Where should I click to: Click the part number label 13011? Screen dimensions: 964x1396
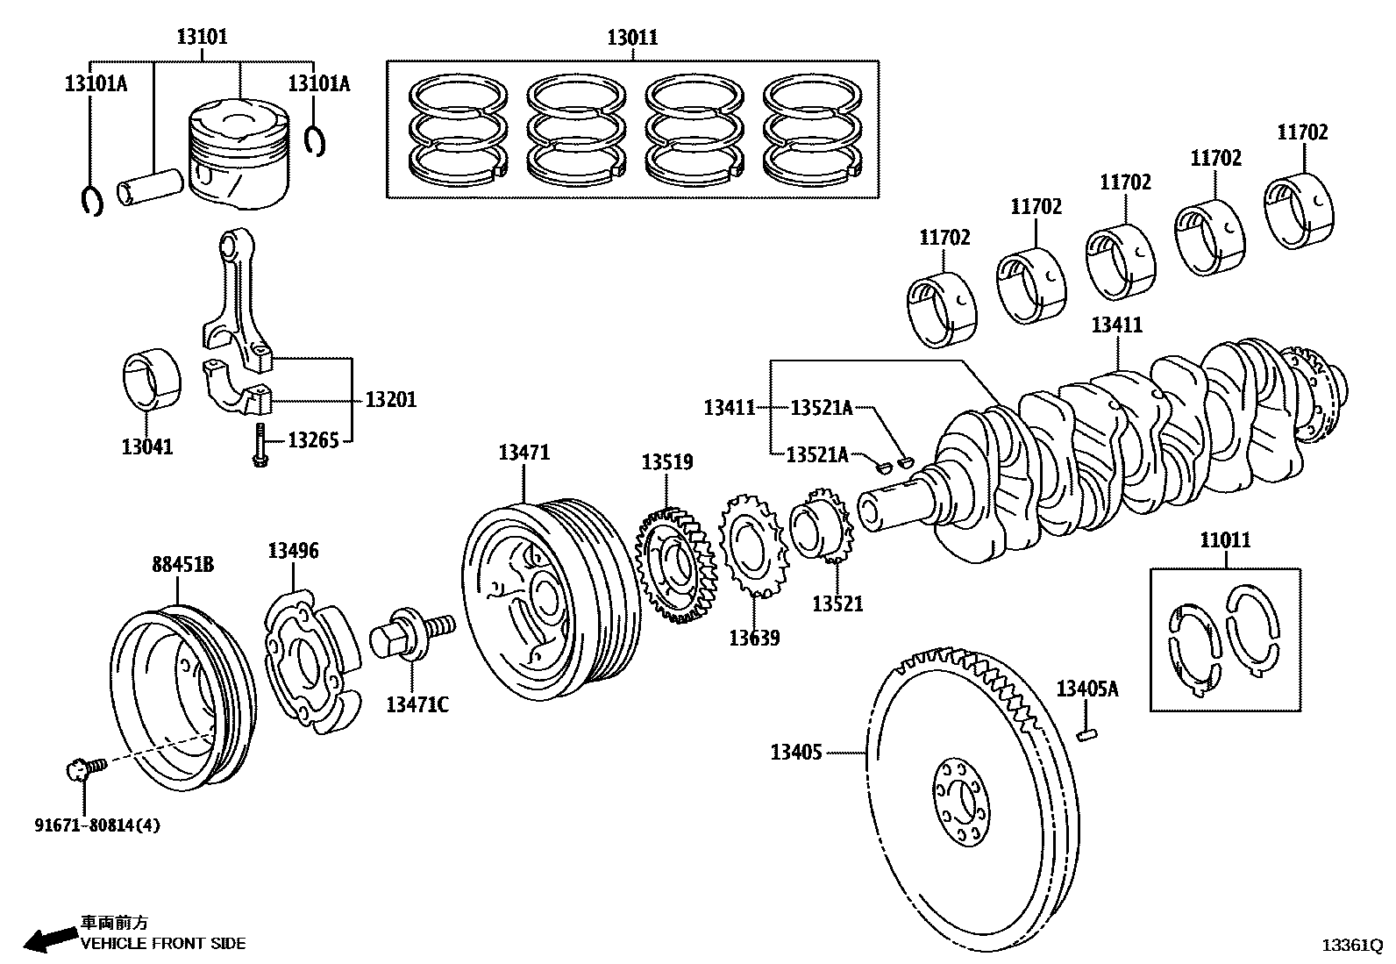[632, 38]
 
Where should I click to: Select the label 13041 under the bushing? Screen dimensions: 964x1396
[147, 446]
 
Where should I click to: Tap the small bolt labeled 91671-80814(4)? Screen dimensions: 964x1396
[85, 769]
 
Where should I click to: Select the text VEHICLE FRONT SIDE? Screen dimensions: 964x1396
[163, 944]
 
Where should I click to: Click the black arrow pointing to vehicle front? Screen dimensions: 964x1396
[49, 939]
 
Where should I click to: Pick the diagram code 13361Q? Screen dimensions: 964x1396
[1352, 946]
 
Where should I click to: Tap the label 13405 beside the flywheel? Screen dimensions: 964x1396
[796, 752]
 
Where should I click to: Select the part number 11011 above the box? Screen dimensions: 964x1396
[1225, 539]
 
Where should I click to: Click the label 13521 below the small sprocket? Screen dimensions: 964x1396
[837, 603]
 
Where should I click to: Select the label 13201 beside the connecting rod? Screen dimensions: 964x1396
[391, 399]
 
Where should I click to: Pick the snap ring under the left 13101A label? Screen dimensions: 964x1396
[91, 202]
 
